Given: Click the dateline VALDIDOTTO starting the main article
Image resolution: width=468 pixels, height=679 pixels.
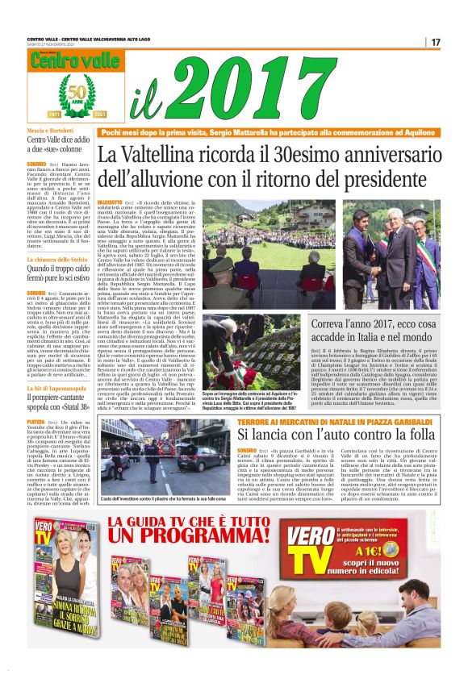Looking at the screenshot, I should (x=109, y=200).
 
